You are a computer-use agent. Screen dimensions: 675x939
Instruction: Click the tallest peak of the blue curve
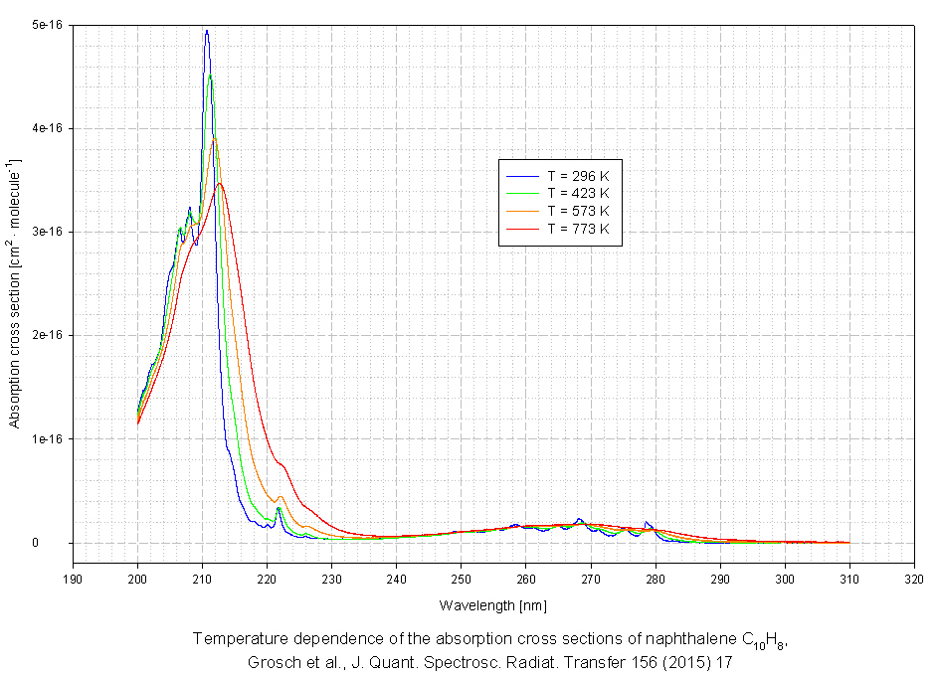click(x=207, y=31)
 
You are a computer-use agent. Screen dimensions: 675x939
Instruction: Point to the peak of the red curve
click(x=220, y=183)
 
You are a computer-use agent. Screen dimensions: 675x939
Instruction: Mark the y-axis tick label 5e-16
click(x=45, y=25)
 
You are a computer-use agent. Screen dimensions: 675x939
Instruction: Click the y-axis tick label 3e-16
click(x=45, y=232)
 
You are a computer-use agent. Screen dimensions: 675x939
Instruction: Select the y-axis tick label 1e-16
click(x=45, y=438)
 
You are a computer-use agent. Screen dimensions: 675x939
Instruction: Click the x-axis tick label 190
click(x=73, y=576)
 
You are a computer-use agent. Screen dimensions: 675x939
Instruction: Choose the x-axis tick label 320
click(x=914, y=576)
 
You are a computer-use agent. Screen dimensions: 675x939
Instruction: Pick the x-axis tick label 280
click(x=656, y=576)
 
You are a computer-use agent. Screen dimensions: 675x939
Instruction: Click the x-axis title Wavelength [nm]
click(x=493, y=604)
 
